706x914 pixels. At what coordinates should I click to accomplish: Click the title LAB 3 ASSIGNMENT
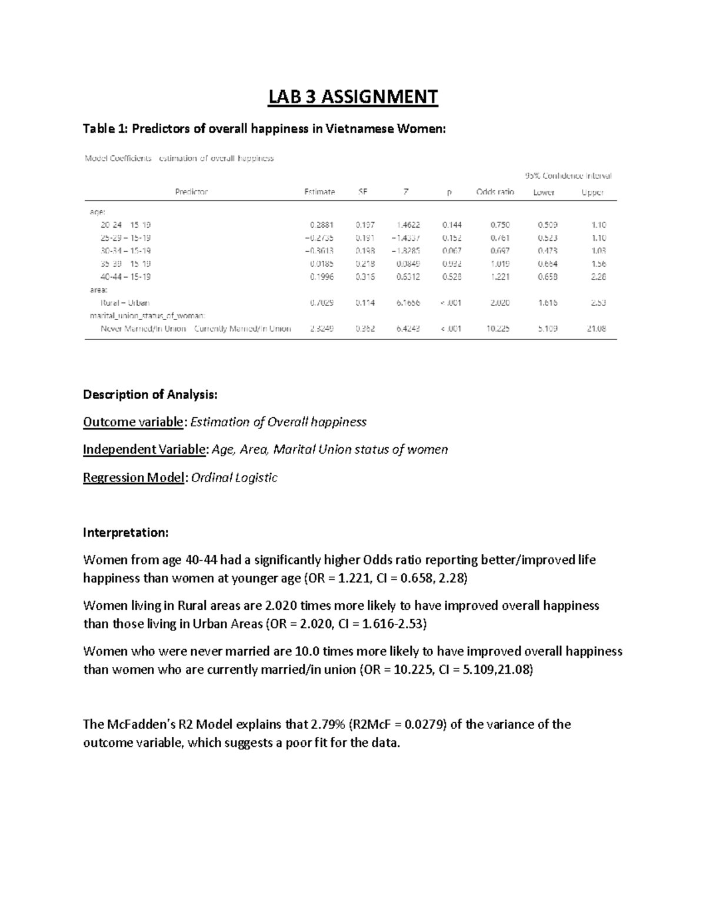coord(353,97)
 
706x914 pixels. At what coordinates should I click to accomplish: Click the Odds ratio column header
coord(495,192)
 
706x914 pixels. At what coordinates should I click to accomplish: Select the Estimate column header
coord(319,192)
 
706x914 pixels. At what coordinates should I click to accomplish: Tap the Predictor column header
coord(191,192)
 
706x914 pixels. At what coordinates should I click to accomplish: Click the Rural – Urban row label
coord(125,303)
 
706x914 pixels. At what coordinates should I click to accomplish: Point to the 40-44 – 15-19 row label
coord(125,277)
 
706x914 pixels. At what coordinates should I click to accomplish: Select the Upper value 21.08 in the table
coord(596,328)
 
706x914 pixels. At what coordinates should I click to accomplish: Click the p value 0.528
coord(452,277)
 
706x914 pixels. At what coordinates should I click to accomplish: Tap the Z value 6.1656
coord(408,303)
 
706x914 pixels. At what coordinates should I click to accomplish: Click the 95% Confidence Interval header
coord(568,175)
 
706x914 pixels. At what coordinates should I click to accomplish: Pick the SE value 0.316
coord(365,277)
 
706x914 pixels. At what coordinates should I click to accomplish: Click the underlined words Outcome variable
coord(133,422)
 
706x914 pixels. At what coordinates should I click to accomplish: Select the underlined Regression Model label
coord(134,477)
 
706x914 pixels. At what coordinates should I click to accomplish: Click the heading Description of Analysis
coord(150,394)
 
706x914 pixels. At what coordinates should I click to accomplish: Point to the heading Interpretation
coord(125,533)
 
